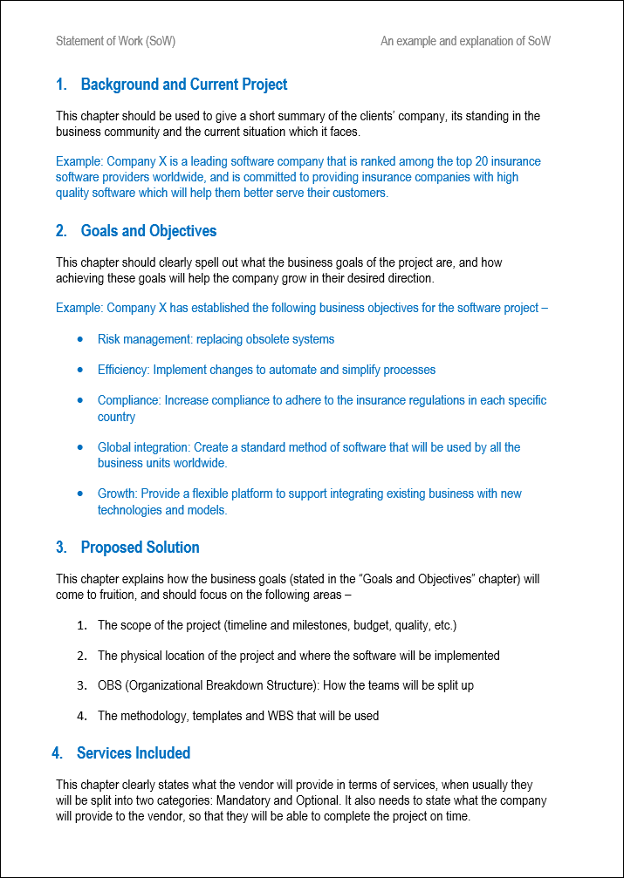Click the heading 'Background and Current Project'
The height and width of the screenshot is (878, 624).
tap(183, 85)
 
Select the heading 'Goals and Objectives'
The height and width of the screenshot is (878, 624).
tap(148, 231)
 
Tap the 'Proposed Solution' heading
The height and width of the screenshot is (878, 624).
tap(140, 548)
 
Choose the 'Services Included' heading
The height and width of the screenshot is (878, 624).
tap(134, 752)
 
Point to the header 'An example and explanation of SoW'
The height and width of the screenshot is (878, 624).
tap(465, 41)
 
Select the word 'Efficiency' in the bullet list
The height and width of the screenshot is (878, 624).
tap(123, 370)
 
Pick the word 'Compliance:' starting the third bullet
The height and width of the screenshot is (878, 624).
tap(129, 400)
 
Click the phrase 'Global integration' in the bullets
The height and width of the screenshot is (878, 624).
tap(143, 447)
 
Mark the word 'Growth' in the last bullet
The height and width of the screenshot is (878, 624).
tap(117, 493)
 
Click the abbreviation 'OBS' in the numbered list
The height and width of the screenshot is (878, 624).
tap(110, 685)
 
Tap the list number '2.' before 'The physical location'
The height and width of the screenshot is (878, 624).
tap(81, 655)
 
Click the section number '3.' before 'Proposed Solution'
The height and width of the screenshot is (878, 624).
tap(61, 548)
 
